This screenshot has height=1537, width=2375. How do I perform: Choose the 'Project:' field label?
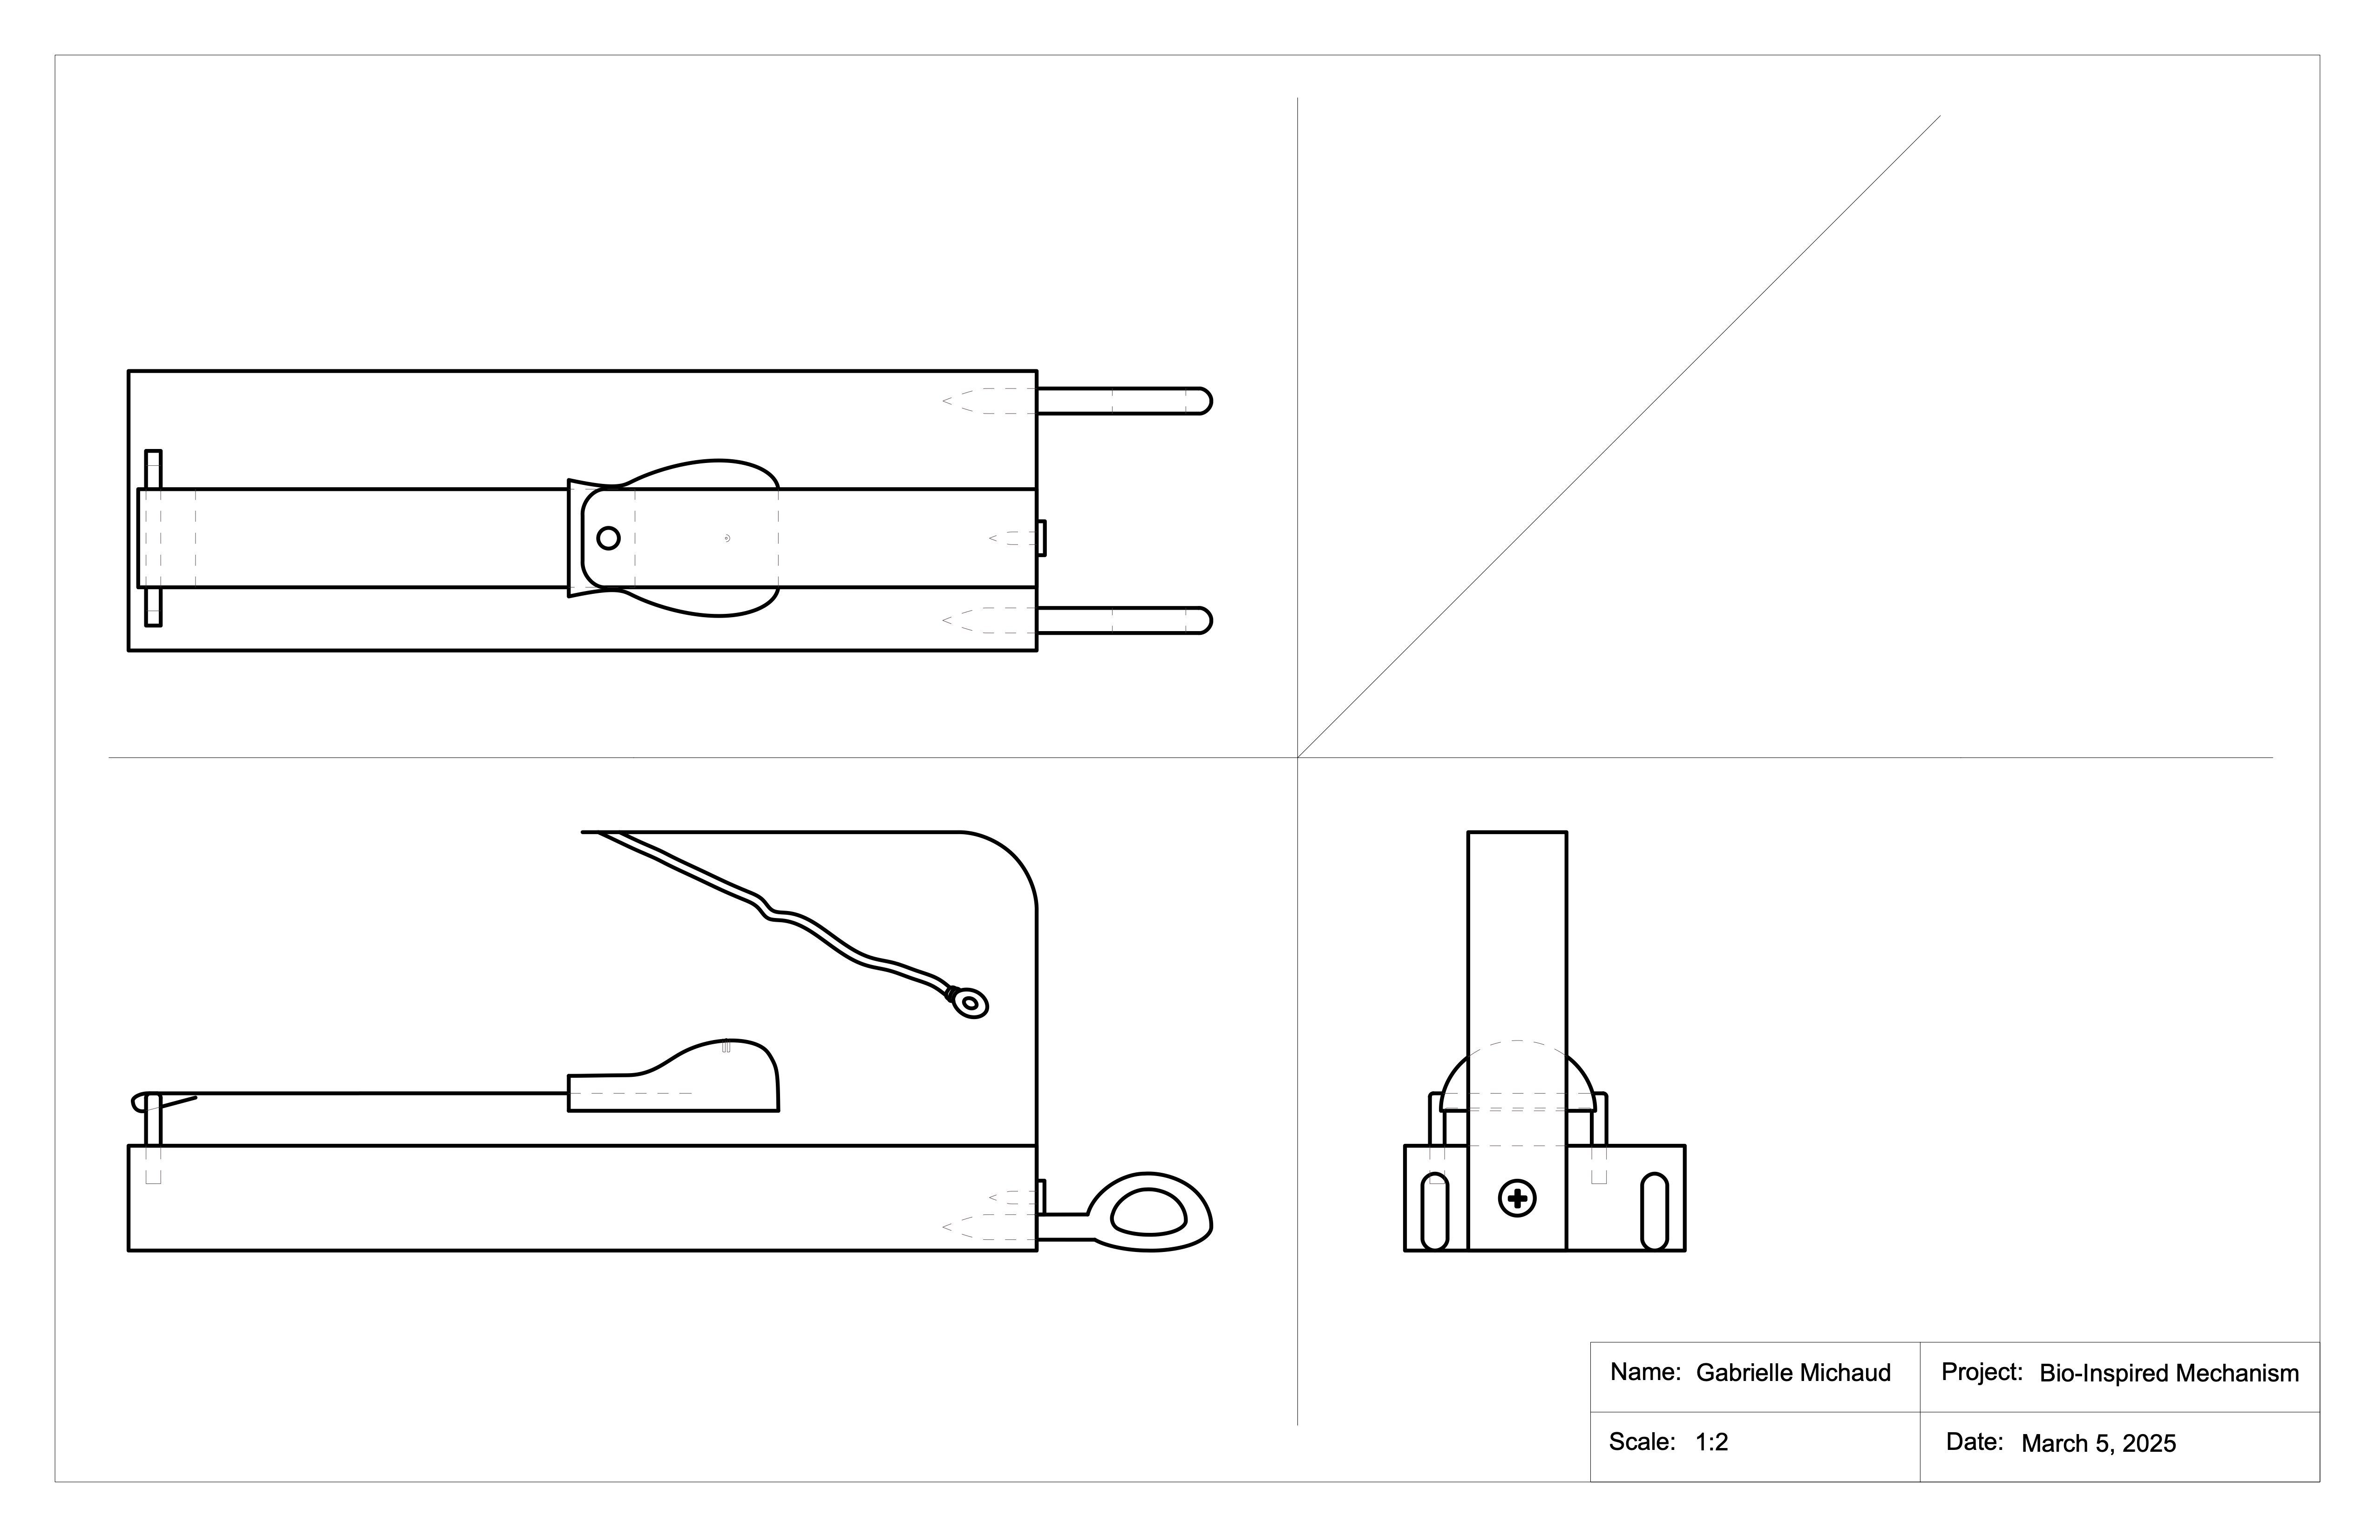point(1981,1372)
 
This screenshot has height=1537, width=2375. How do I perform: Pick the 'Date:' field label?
point(1974,1442)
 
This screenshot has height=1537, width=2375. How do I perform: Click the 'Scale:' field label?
point(1642,1442)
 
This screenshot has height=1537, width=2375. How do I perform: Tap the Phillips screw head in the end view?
point(1517,1199)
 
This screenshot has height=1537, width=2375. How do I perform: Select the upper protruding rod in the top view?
point(1123,401)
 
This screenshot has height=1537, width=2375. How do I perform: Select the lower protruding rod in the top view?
point(1123,621)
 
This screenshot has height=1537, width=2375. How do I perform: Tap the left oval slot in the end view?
point(1434,1211)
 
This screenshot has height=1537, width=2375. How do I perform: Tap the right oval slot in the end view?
point(1654,1211)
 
